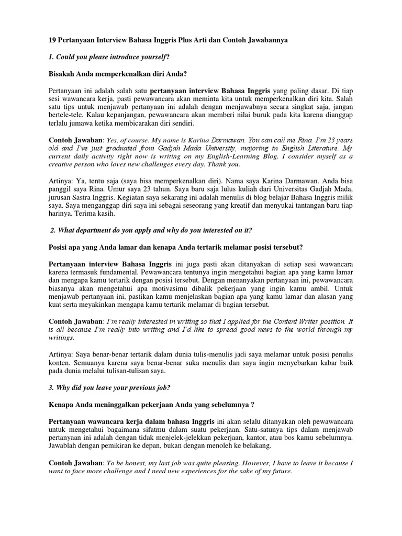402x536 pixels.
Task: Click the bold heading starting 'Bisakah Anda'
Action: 118,74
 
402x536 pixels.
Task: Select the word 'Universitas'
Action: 293,189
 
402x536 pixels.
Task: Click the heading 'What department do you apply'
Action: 120,231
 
